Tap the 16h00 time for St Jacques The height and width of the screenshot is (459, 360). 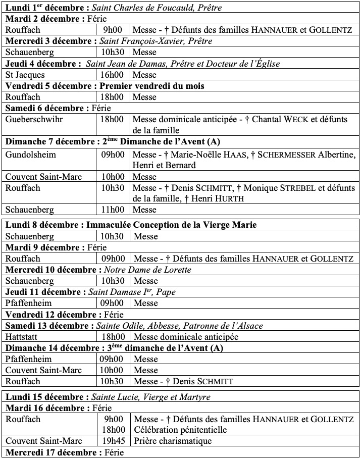[112, 75]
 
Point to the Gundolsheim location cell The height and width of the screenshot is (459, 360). [30, 154]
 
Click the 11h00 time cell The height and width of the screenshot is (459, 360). [112, 210]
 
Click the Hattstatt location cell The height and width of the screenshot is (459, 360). [22, 337]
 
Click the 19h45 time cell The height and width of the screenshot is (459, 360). [112, 441]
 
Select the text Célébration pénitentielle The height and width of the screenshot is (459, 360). [180, 430]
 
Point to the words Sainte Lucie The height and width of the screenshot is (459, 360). [114, 396]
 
